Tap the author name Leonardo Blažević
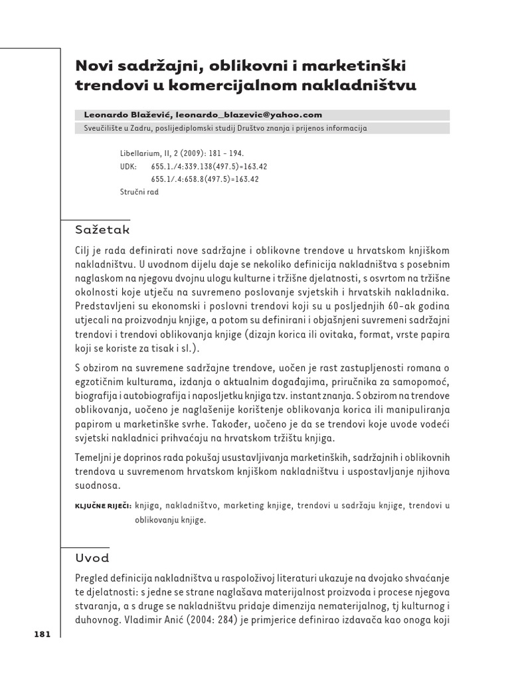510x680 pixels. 127,115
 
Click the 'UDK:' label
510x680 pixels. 128,166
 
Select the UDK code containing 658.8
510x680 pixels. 205,179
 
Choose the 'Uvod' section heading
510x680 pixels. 92,558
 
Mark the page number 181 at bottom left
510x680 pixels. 42,634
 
